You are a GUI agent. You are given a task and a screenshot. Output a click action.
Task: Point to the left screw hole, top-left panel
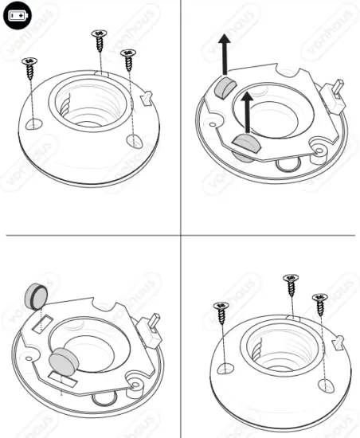(x=34, y=123)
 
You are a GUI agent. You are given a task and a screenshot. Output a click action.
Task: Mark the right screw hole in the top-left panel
(x=135, y=140)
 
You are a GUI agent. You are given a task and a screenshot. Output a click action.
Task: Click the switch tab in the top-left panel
(x=147, y=96)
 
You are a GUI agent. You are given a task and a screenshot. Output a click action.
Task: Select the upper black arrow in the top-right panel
(x=226, y=57)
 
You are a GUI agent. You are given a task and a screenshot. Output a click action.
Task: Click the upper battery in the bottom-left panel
(x=37, y=296)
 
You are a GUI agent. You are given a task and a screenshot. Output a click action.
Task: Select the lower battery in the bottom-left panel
(x=62, y=362)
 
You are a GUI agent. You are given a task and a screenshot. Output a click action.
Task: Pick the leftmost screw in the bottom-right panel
(x=221, y=310)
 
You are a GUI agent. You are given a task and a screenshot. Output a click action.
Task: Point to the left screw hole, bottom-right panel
(x=225, y=369)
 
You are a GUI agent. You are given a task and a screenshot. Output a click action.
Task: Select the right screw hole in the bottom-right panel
(x=326, y=385)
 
